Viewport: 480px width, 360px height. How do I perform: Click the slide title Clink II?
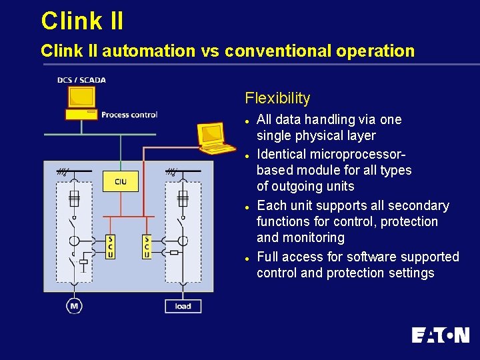pyautogui.click(x=82, y=21)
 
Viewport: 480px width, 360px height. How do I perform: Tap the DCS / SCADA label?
pyautogui.click(x=81, y=80)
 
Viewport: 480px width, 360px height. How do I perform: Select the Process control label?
pyautogui.click(x=129, y=115)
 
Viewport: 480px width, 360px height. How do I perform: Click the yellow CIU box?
pyautogui.click(x=121, y=181)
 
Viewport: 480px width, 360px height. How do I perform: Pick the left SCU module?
pyautogui.click(x=110, y=246)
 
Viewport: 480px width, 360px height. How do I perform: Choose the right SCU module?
pyautogui.click(x=147, y=246)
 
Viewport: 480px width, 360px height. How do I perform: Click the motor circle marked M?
pyautogui.click(x=73, y=306)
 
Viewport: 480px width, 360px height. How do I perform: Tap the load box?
pyautogui.click(x=183, y=306)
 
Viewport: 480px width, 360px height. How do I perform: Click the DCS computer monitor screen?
pyautogui.click(x=81, y=97)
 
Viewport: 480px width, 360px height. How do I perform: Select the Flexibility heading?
pyautogui.click(x=277, y=99)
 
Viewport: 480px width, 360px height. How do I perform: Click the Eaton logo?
pyautogui.click(x=440, y=335)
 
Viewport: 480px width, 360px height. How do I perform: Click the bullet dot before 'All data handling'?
pyautogui.click(x=247, y=121)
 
